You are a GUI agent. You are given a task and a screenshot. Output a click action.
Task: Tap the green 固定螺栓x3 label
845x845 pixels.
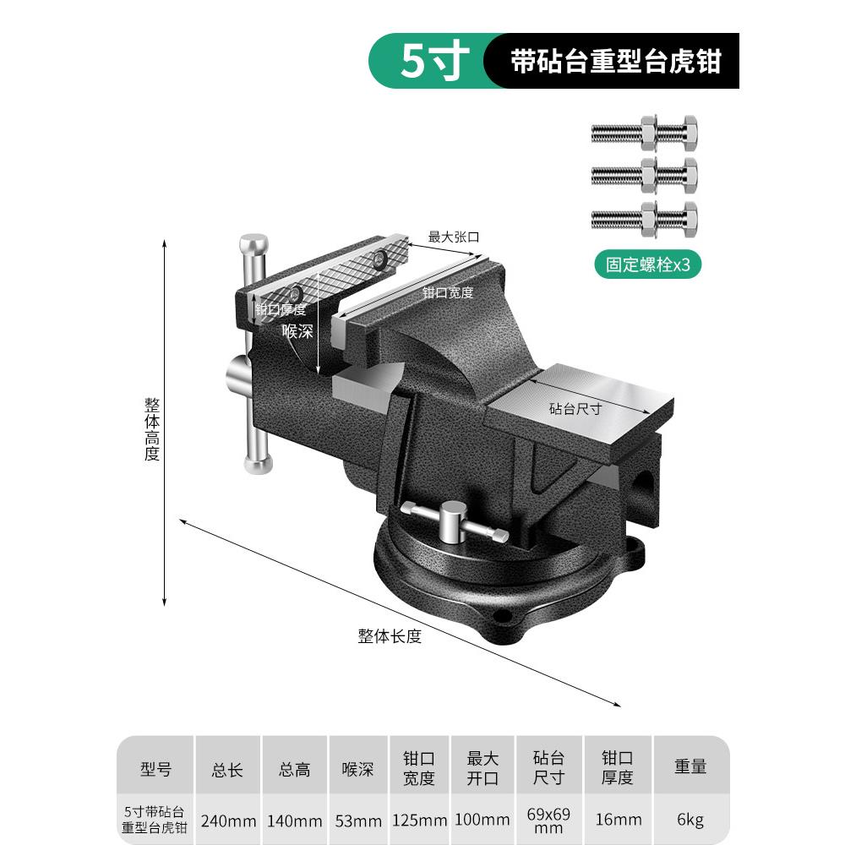point(647,264)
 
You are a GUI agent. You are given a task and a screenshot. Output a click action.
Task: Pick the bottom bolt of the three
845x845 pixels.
point(645,220)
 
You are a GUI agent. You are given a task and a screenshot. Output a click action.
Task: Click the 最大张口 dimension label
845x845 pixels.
point(453,237)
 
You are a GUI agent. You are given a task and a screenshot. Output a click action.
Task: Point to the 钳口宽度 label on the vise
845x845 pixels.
point(447,292)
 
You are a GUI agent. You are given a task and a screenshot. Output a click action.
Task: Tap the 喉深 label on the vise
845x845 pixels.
point(297,330)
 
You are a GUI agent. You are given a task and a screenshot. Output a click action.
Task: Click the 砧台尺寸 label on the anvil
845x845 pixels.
point(575,408)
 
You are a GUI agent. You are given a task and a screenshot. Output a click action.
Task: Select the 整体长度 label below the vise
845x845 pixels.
point(390,636)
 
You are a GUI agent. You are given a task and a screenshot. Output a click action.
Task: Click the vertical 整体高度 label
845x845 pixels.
point(152,429)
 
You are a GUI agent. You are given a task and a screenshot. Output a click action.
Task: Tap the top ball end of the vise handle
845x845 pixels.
point(253,244)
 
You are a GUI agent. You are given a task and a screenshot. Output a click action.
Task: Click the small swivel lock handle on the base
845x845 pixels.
point(454,521)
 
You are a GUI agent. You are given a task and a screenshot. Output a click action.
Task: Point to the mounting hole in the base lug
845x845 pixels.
point(504,615)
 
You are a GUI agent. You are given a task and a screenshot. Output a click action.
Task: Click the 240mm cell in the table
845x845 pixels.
point(228,820)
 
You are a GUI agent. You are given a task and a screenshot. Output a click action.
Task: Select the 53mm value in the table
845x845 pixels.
point(358,820)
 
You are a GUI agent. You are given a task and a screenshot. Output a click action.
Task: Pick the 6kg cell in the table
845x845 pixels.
point(690,820)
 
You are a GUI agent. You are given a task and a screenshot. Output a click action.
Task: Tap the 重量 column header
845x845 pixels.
point(690,766)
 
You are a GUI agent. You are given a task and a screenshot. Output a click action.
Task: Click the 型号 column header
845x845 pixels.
point(155,768)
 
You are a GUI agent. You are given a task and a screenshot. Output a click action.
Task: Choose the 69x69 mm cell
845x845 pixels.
point(548,820)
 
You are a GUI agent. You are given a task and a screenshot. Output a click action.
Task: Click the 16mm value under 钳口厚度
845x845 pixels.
point(619,820)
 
